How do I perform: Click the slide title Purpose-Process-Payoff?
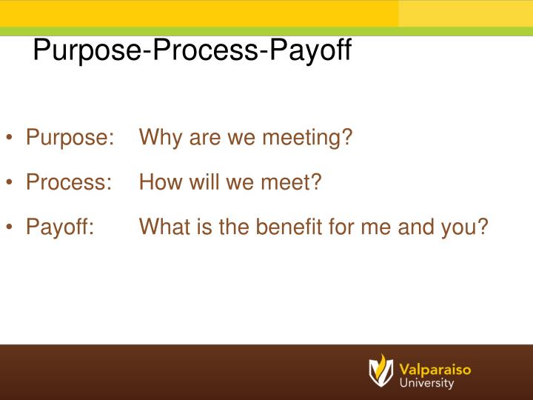pos(192,51)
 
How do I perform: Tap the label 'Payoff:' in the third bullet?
pos(59,226)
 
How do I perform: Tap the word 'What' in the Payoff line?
pos(165,226)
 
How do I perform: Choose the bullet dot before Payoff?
pos(13,227)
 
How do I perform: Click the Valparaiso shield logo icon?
pos(381,370)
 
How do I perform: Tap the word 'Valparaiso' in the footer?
pos(435,368)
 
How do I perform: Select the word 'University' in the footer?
pos(427,384)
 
